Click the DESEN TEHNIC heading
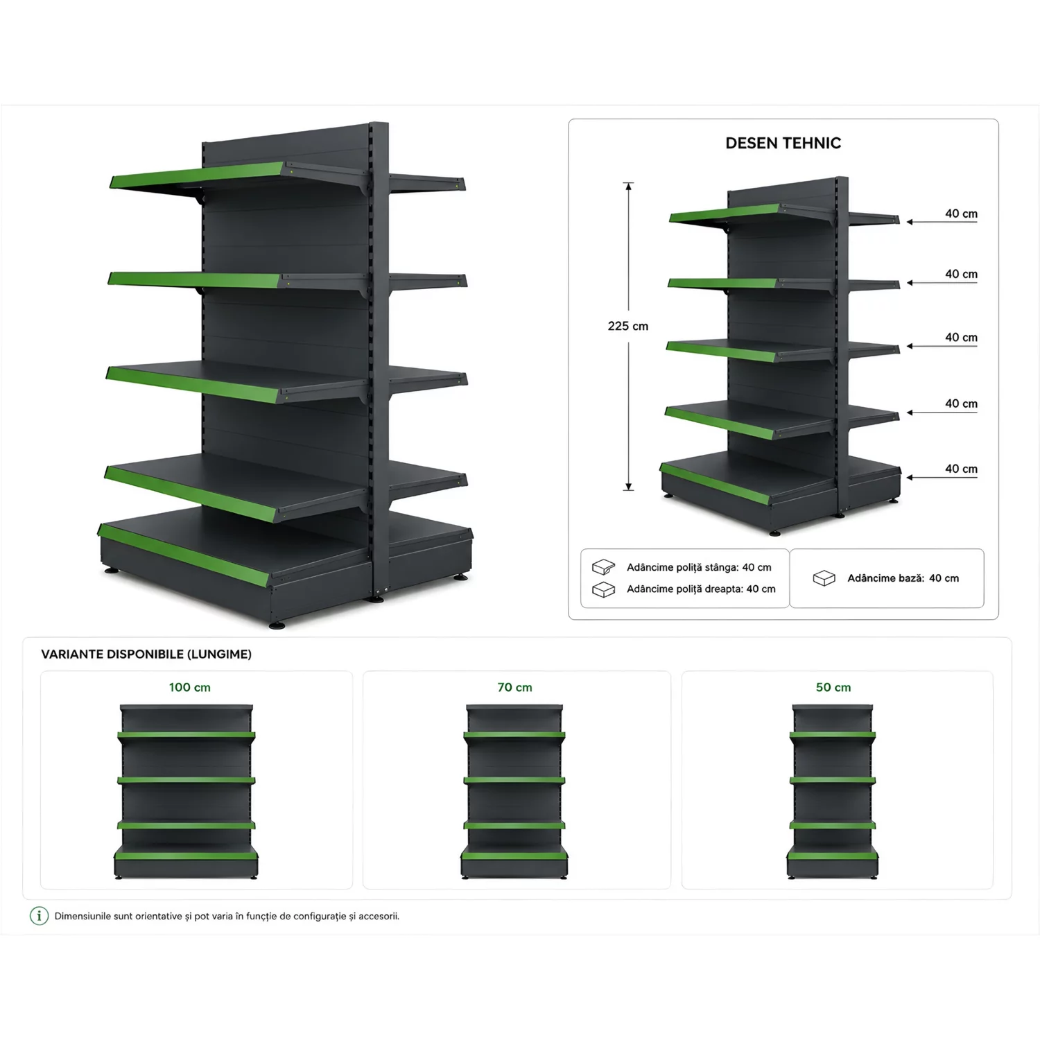pos(783,143)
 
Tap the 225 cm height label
pos(628,326)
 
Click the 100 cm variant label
pos(189,687)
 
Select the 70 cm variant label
pos(514,687)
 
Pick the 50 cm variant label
pos(833,687)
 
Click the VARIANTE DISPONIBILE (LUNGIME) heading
pos(146,654)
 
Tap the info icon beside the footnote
pos(39,916)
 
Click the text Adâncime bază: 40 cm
pos(903,578)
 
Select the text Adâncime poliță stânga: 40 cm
pos(699,567)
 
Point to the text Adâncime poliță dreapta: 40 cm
pos(701,589)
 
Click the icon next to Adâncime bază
pos(824,578)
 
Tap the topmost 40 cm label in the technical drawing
pos(961,214)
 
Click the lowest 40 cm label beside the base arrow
pos(961,469)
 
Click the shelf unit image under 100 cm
pos(186,792)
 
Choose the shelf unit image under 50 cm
pos(833,792)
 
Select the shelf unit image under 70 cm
pos(514,792)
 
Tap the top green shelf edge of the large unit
pos(197,175)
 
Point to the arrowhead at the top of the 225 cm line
pos(628,186)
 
